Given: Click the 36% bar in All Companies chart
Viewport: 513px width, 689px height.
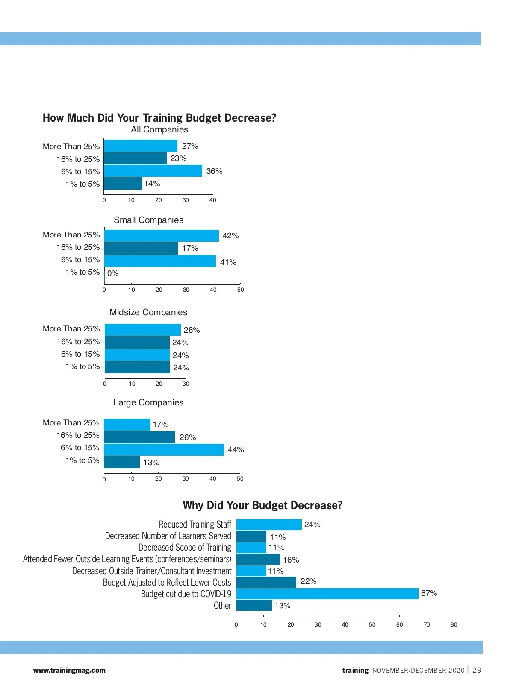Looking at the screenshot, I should click(x=153, y=171).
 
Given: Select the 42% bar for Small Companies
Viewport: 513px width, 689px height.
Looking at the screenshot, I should click(x=161, y=236).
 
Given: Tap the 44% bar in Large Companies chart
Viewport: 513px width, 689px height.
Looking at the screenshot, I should click(x=164, y=450).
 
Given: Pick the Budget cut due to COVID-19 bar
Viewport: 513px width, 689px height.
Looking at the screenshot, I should click(x=327, y=594).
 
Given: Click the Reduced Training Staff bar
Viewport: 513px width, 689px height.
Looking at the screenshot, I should click(x=268, y=525).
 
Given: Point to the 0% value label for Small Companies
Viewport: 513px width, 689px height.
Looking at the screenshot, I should click(x=113, y=273).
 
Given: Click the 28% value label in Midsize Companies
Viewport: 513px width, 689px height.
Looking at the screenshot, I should click(x=192, y=330).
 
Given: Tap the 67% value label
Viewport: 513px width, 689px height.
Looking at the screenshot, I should click(x=429, y=593).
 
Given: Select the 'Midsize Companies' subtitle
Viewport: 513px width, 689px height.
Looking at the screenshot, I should click(x=148, y=312).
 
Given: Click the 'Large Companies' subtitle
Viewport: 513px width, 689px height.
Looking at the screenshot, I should click(x=148, y=402).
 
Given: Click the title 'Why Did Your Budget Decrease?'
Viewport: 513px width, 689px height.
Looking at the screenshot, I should click(x=262, y=505).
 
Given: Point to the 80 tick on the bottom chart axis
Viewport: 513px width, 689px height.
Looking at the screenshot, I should click(x=454, y=624).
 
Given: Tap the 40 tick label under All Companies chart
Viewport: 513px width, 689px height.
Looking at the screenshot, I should click(x=212, y=200).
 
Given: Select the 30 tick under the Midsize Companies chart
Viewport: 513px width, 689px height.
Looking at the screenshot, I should click(x=186, y=384).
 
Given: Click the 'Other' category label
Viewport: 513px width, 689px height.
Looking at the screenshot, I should click(x=222, y=606).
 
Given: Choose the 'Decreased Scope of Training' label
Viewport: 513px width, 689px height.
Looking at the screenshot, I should click(x=185, y=548).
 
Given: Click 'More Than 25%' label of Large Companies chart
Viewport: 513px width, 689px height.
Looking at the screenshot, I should click(x=71, y=423).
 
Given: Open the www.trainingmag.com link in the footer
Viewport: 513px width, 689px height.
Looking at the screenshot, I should click(x=69, y=670).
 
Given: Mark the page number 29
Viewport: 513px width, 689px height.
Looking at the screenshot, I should click(x=477, y=670).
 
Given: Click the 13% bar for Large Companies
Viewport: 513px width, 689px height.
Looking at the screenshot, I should click(x=122, y=462).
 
